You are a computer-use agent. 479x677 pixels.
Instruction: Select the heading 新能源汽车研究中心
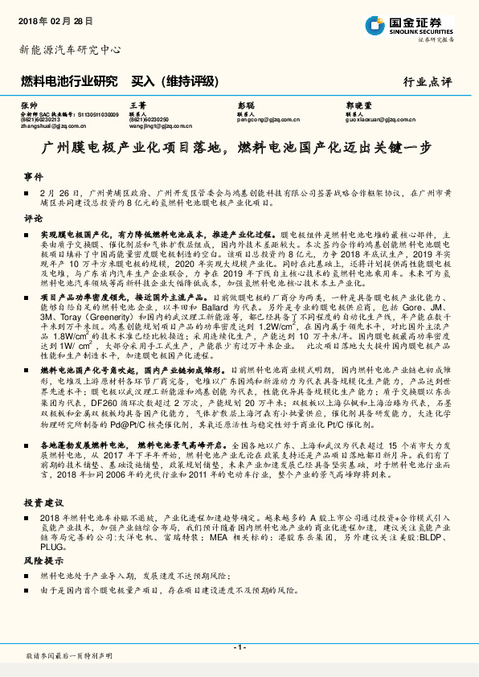click(x=69, y=50)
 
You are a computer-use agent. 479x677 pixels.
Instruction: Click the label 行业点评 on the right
click(x=428, y=81)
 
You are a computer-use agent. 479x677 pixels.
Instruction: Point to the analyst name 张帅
click(x=28, y=105)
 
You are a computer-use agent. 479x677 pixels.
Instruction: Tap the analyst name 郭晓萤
click(x=358, y=105)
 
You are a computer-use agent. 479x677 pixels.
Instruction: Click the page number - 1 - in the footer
click(x=239, y=647)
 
